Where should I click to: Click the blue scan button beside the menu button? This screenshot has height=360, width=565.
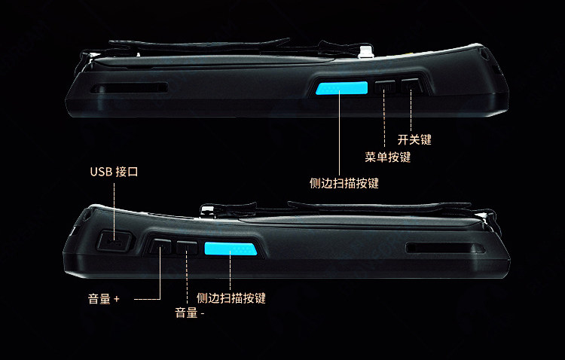tap(342, 89)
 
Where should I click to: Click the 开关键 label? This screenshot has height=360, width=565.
tap(414, 139)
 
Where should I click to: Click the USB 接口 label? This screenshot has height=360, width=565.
tap(114, 172)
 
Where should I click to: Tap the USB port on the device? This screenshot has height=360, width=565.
tap(114, 241)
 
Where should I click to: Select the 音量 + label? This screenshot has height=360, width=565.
tap(104, 299)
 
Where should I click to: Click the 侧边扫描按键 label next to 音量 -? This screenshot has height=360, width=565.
tap(231, 298)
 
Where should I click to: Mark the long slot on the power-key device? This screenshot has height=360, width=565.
tap(130, 89)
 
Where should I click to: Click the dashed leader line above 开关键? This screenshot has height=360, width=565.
tap(411, 111)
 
